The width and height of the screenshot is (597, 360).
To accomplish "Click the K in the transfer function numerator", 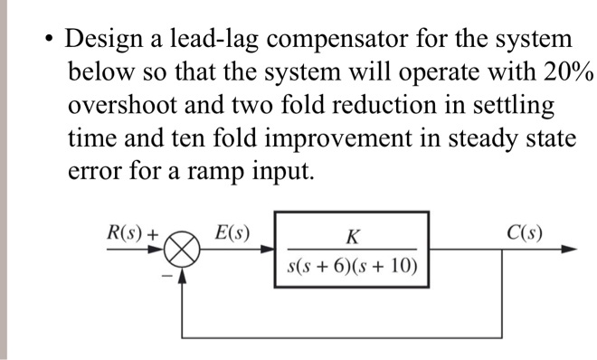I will click(353, 238).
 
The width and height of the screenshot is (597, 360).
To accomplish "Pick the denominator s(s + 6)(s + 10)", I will click(353, 266).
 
